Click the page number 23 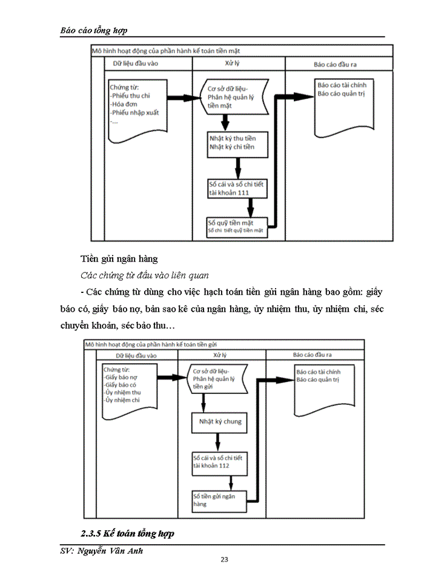point(224,559)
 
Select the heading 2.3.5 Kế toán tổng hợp point(127,534)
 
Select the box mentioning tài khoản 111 point(236,188)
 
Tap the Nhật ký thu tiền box point(236,142)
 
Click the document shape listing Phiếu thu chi point(136,108)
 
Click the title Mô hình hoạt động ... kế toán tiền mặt point(170,51)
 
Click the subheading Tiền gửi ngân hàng point(119,258)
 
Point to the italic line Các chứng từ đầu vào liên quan point(136,275)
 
